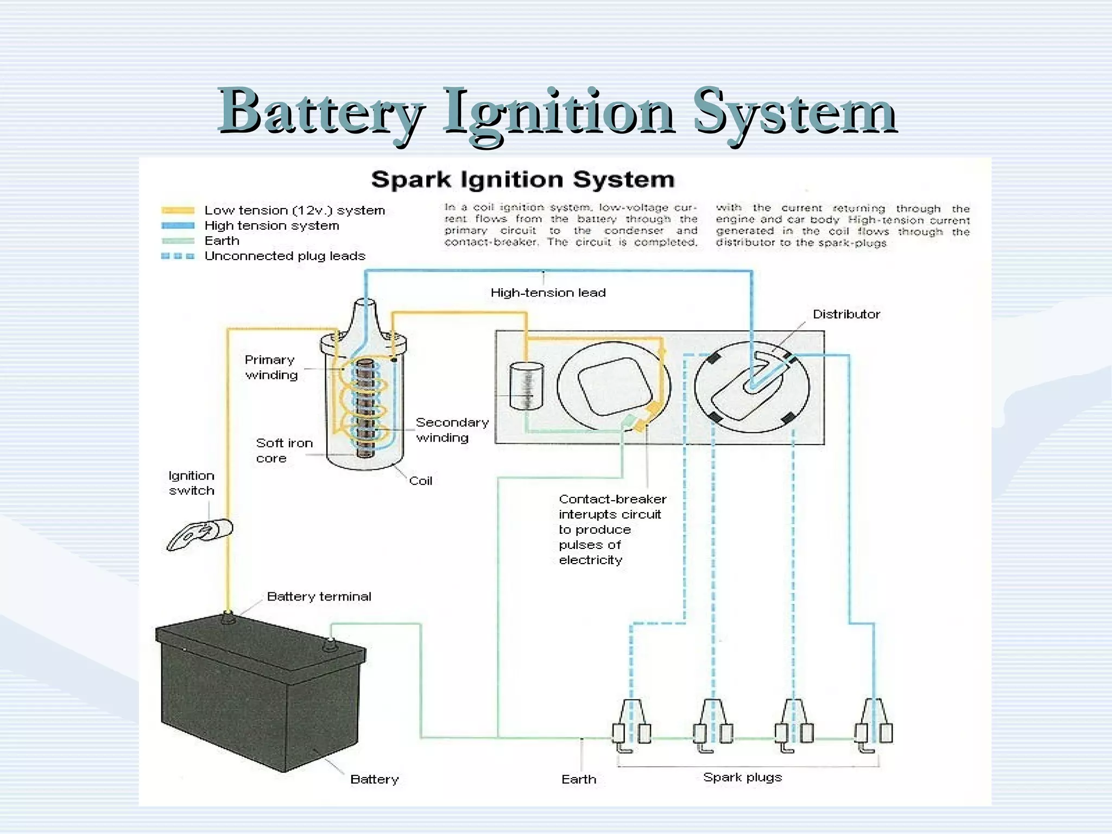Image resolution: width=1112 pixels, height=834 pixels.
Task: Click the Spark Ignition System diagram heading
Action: [x=522, y=180]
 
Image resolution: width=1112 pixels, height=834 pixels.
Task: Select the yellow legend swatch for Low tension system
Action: [x=178, y=211]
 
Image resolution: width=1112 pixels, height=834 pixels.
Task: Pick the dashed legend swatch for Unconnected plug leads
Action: [x=178, y=256]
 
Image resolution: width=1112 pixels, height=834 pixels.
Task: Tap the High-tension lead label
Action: [x=548, y=293]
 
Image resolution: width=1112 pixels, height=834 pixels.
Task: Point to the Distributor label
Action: [x=846, y=314]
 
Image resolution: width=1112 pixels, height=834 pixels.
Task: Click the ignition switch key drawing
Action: [x=199, y=534]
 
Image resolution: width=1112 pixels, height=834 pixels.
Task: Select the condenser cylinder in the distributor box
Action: [x=526, y=386]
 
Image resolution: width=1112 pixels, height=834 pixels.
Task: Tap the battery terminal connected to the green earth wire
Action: [x=330, y=645]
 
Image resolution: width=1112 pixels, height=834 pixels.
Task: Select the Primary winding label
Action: [x=270, y=368]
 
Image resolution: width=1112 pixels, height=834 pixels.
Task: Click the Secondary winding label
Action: [x=452, y=430]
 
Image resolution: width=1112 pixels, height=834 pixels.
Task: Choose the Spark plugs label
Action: [x=742, y=777]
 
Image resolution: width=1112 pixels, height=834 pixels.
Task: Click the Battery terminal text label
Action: [x=319, y=597]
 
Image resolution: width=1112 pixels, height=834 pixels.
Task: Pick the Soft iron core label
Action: [x=284, y=451]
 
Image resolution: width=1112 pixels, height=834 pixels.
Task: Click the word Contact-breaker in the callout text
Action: [x=612, y=499]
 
